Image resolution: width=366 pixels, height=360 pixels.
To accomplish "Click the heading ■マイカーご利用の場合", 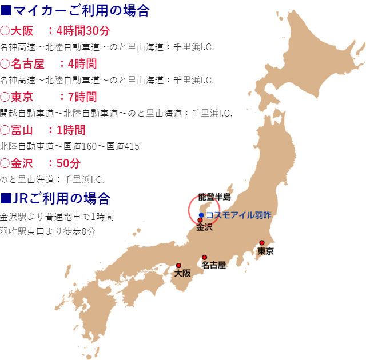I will (75, 10).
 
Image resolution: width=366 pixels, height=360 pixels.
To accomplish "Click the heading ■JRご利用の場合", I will (55, 198).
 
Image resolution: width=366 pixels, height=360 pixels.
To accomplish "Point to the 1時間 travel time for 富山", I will (71, 130).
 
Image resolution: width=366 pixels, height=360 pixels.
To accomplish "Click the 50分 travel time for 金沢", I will (69, 163).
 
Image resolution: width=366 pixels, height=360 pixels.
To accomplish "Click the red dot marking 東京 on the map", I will (262, 242).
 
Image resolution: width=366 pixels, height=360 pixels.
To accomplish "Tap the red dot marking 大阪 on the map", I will (178, 265).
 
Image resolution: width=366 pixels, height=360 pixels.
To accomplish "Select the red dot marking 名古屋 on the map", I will (204, 257).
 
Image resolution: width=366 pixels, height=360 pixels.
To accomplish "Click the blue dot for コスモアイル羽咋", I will (201, 215).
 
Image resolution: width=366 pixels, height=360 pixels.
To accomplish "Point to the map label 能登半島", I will (214, 197).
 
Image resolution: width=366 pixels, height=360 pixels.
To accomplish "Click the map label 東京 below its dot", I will (265, 251).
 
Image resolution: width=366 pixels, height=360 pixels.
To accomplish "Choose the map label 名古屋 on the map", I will (214, 265).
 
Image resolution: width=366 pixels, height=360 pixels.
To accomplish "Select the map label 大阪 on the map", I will (182, 274).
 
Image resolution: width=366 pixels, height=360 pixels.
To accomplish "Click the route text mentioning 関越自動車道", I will (116, 113).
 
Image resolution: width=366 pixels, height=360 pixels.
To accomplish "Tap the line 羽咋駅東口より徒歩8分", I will (47, 231).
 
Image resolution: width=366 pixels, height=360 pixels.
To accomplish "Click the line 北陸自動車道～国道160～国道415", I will (70, 146).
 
